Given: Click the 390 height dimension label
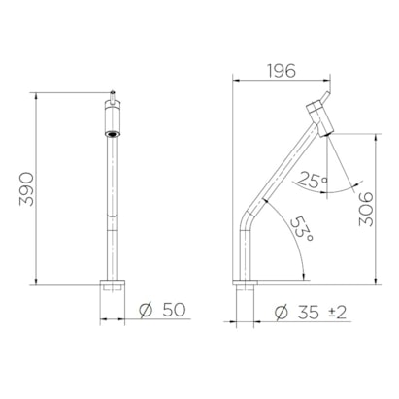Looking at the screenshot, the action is click(x=26, y=189).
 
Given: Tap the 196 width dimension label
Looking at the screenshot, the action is click(x=282, y=71).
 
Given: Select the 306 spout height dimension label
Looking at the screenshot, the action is click(x=366, y=209).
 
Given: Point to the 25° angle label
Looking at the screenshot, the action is click(x=313, y=181).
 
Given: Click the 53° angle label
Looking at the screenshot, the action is click(x=301, y=229).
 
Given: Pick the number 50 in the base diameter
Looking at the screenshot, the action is click(x=174, y=310).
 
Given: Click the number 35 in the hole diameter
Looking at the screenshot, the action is click(x=309, y=313).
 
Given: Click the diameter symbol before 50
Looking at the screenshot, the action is click(x=146, y=310).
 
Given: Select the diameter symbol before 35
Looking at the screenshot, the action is click(x=282, y=313).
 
